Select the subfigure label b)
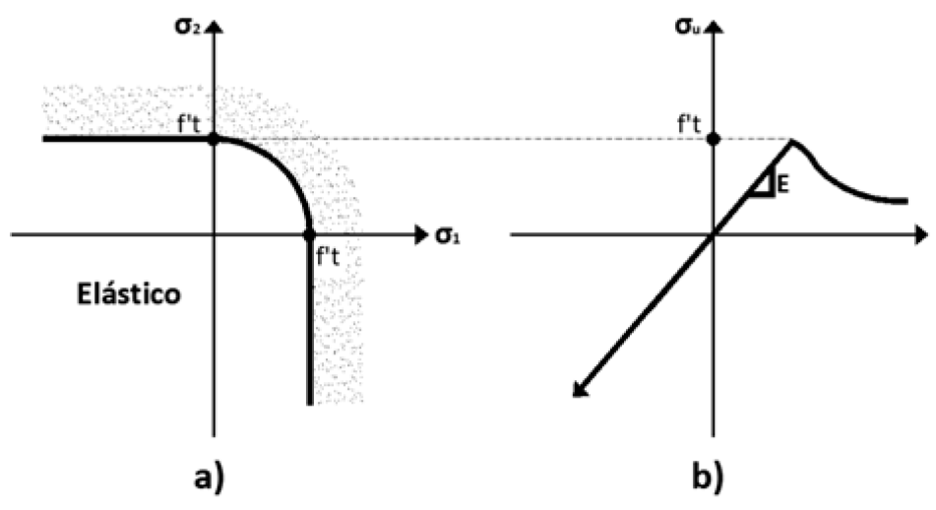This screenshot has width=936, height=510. coord(711,477)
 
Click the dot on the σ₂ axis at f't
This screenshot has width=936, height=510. coord(214,139)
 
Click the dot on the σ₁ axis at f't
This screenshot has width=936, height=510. coord(309,235)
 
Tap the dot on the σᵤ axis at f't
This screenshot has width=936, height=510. coord(714,139)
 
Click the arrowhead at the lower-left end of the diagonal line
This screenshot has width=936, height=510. coord(579,391)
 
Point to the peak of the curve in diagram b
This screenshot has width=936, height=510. coord(792,141)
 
